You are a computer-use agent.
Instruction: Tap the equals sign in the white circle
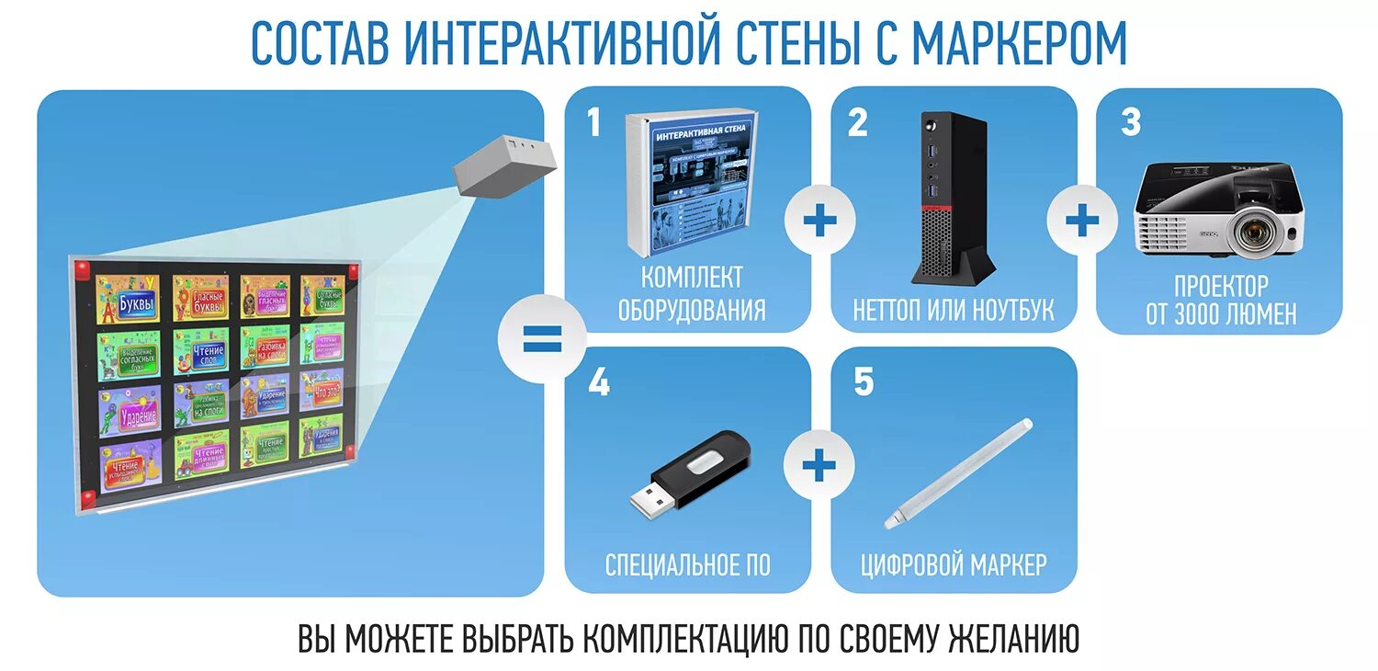pyautogui.click(x=541, y=340)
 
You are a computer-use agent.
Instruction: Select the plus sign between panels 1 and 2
pyautogui.click(x=819, y=221)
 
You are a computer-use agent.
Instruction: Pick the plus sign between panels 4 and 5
pyautogui.click(x=819, y=466)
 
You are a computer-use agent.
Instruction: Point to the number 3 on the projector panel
pyautogui.click(x=1131, y=122)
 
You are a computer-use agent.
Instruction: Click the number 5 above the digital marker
pyautogui.click(x=864, y=382)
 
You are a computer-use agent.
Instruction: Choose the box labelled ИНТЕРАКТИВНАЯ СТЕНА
pyautogui.click(x=691, y=184)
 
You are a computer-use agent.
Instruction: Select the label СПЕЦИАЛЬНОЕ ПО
pyautogui.click(x=688, y=564)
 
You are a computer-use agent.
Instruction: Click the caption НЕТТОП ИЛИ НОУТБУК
pyautogui.click(x=953, y=311)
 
